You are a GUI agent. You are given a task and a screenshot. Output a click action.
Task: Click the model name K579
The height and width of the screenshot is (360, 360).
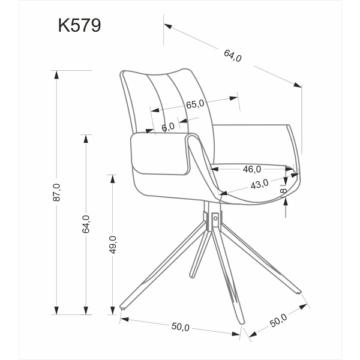click(x=79, y=26)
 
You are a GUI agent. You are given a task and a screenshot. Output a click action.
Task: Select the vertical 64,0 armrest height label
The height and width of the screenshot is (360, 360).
click(x=86, y=223)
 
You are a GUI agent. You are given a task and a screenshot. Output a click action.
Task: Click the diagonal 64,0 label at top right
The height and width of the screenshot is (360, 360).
click(x=233, y=56)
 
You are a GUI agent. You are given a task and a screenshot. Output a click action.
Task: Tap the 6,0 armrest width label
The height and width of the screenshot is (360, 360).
click(x=168, y=127)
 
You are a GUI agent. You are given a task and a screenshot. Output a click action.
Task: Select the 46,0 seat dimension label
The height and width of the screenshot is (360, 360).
click(x=251, y=169)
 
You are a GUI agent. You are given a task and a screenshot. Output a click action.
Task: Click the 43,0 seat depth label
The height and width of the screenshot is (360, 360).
click(x=259, y=185)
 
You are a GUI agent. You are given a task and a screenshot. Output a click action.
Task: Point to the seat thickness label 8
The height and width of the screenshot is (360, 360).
click(x=284, y=191)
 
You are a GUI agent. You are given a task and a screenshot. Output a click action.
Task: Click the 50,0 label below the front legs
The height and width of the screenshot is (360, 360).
click(x=180, y=327)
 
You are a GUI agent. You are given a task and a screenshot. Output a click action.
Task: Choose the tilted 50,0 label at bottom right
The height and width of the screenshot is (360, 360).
click(x=279, y=320)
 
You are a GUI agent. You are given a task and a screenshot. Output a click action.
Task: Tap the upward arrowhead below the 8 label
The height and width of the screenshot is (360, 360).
click(x=286, y=203)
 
